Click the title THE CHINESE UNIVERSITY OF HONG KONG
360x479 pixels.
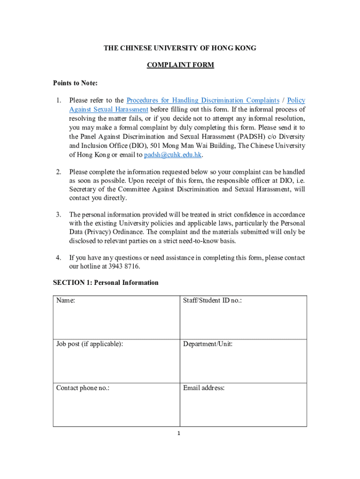[x=180, y=48]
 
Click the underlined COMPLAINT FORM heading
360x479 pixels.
[x=180, y=65]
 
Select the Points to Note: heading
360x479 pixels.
[x=75, y=83]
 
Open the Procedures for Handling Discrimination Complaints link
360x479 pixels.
[x=203, y=100]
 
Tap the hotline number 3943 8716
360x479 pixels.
[x=124, y=267]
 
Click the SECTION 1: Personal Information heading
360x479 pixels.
[x=106, y=283]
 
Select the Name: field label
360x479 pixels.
[x=66, y=300]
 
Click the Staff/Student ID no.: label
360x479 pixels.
[x=212, y=300]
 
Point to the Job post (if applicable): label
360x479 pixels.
[x=90, y=344]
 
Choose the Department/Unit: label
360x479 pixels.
[x=208, y=344]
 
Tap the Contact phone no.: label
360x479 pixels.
[x=83, y=388]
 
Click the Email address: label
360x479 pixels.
[x=204, y=388]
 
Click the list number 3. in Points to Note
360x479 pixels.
[x=59, y=214]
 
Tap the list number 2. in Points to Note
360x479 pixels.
[x=59, y=172]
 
